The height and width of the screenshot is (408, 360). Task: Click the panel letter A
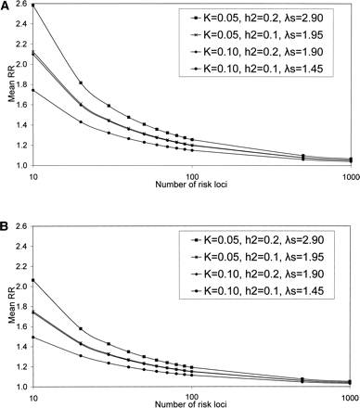[6, 6]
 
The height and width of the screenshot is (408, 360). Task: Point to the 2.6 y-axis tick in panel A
[22, 6]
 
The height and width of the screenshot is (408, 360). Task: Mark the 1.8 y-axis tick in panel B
[22, 306]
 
